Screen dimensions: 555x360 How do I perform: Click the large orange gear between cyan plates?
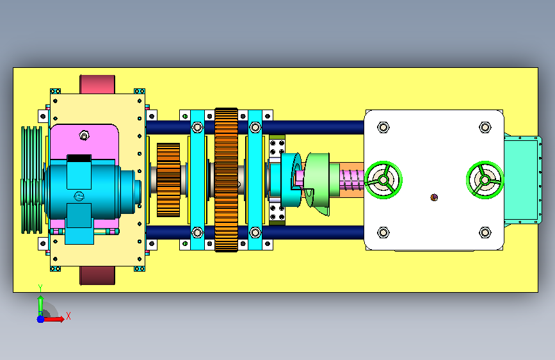[226, 180]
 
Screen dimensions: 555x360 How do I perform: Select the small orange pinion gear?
[168, 180]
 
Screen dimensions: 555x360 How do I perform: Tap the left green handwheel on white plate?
[383, 180]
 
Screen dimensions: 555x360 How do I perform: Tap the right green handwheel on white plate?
[485, 180]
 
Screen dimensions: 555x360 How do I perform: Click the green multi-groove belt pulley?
[32, 180]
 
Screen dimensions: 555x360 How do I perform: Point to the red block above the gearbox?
[97, 85]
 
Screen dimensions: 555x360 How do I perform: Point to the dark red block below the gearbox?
[97, 275]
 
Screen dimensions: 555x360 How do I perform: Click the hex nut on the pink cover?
[84, 135]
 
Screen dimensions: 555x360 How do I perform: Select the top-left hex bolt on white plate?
[383, 127]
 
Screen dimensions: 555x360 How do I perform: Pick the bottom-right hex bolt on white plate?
[485, 233]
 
